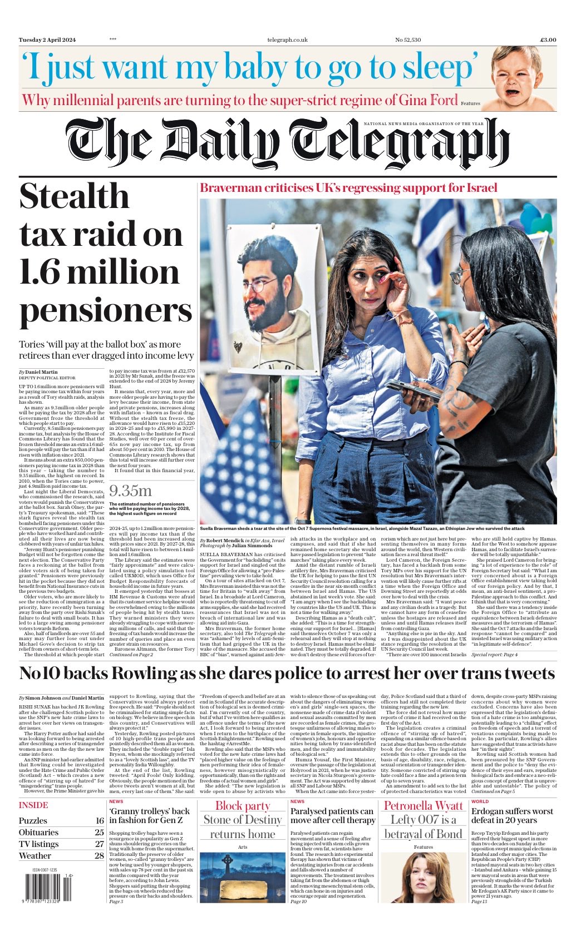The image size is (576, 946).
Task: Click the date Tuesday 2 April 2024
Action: point(47,39)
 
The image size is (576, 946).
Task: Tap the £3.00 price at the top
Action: point(548,39)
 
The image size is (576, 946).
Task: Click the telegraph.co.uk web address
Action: point(287,39)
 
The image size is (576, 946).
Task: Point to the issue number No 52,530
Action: point(408,39)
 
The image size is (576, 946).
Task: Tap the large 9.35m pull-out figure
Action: point(130,491)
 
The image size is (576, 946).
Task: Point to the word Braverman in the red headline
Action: point(234,188)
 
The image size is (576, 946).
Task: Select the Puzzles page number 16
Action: point(99,820)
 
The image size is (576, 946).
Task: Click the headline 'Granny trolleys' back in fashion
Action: point(150,815)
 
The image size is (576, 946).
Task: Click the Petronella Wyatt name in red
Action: point(424,805)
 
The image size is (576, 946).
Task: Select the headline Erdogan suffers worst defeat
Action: point(512,815)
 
